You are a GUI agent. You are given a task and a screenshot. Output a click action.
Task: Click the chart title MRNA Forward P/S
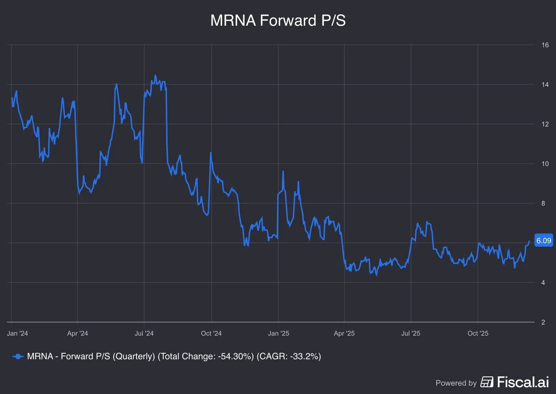pos(278,20)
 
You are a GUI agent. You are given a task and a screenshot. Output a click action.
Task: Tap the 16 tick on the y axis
pos(545,45)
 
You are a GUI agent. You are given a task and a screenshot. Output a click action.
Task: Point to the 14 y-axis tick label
pos(545,84)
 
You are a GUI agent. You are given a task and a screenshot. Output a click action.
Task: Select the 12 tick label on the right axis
pos(545,124)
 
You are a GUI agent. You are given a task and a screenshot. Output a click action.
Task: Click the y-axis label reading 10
pos(545,164)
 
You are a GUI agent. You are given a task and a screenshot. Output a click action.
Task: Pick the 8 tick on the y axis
pos(543,203)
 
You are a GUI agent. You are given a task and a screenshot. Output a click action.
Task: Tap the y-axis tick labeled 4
pos(543,282)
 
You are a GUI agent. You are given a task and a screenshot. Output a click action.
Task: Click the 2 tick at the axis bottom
pos(543,322)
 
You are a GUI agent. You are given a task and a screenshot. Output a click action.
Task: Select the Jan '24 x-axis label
pos(17,333)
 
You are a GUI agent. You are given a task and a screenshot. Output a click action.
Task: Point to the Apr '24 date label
pos(77,333)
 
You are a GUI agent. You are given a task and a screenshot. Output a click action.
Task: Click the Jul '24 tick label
pos(144,333)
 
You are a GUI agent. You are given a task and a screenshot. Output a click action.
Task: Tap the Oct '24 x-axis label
pos(211,333)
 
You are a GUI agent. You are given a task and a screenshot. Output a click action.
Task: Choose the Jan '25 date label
pos(278,333)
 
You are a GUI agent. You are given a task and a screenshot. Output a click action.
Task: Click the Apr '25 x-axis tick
pos(344,333)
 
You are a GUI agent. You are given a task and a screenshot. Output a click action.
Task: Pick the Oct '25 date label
pos(478,333)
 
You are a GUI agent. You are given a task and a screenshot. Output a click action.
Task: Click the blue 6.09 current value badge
pos(543,240)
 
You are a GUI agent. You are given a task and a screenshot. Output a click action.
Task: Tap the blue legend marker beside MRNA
pos(18,356)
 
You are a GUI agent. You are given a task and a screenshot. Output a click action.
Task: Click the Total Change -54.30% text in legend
pos(206,356)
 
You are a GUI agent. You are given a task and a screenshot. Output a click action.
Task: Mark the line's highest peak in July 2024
pos(155,75)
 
